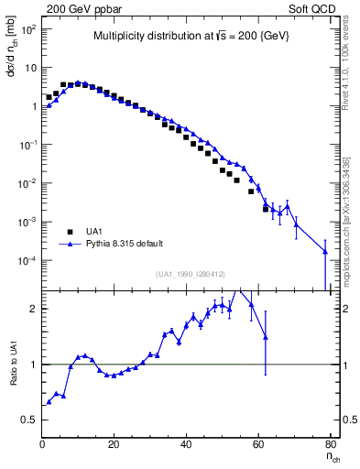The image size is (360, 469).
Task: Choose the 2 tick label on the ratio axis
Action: [33, 309]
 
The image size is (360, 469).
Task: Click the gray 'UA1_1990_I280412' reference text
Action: [190, 273]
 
